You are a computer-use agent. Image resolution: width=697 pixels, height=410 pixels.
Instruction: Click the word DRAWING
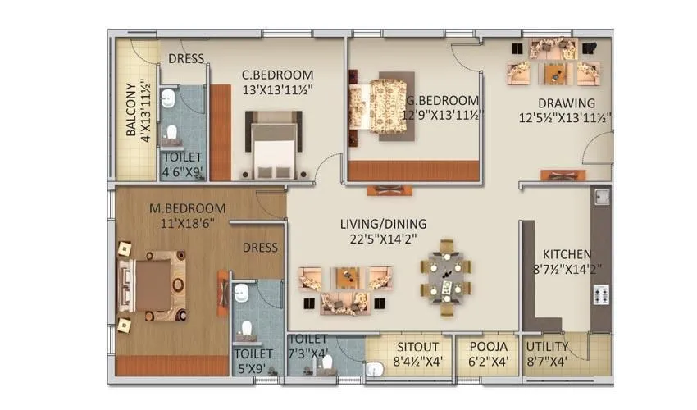pos(566,103)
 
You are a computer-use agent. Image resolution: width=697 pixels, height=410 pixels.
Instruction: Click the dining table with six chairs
pos(446,276)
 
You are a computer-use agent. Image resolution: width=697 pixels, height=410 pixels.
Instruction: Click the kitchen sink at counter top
pos(602,198)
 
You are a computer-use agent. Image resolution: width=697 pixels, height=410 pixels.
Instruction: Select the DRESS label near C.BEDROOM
pos(186,58)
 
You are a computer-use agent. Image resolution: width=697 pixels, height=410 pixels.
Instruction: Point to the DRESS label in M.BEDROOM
pos(261,247)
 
